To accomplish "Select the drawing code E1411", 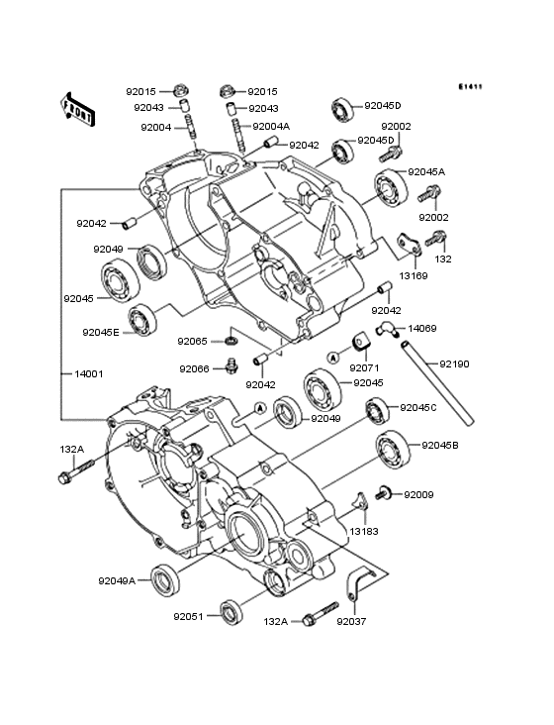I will click(470, 86).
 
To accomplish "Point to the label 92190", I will click(455, 364).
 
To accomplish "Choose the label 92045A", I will click(426, 171).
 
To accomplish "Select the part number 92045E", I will click(101, 332).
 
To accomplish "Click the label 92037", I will click(351, 622).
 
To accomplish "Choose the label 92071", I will click(364, 366).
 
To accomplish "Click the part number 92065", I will click(193, 341).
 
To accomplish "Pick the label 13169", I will click(414, 276).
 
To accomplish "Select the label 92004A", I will click(271, 127).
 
